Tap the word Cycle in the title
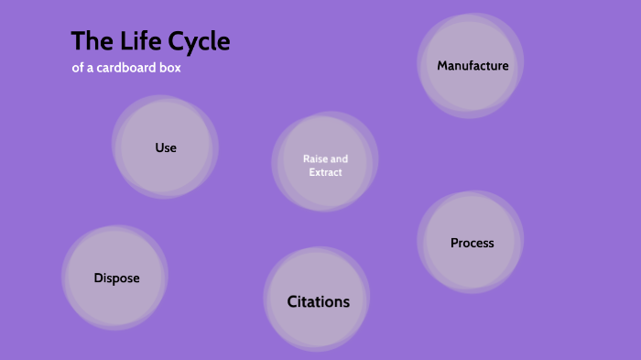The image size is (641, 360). pos(200,42)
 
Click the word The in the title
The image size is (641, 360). pos(92,42)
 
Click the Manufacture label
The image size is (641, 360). pos(473,65)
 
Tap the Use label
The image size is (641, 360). pos(166,147)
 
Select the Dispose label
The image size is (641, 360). pos(116,278)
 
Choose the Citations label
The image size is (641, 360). pos(318,301)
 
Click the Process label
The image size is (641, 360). pos(472,243)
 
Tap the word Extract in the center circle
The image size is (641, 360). pos(325,172)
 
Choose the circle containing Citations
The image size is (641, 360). pos(317,325)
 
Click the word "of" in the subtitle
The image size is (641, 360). pos(77,68)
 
